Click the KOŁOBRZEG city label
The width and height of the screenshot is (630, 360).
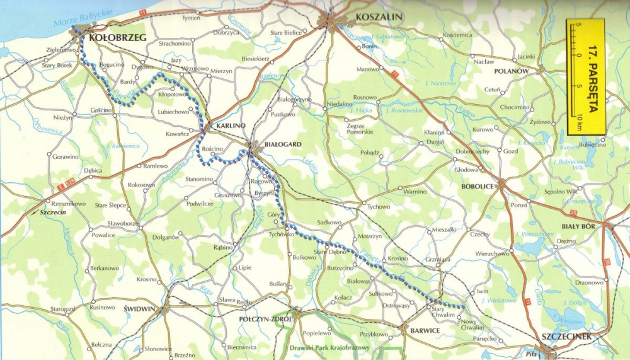pyautogui.click(x=118, y=38)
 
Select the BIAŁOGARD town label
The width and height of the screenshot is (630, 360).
pyautogui.click(x=283, y=144)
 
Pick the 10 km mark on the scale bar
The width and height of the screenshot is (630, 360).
pyautogui.click(x=579, y=117)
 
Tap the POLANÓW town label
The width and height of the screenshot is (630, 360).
pyautogui.click(x=511, y=71)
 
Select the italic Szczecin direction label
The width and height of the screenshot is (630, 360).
pyautogui.click(x=52, y=212)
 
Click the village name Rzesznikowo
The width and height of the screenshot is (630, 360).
pyautogui.click(x=68, y=204)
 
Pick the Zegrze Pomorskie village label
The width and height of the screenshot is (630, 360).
pyautogui.click(x=360, y=128)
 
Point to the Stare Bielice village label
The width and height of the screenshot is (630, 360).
pyautogui.click(x=286, y=32)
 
